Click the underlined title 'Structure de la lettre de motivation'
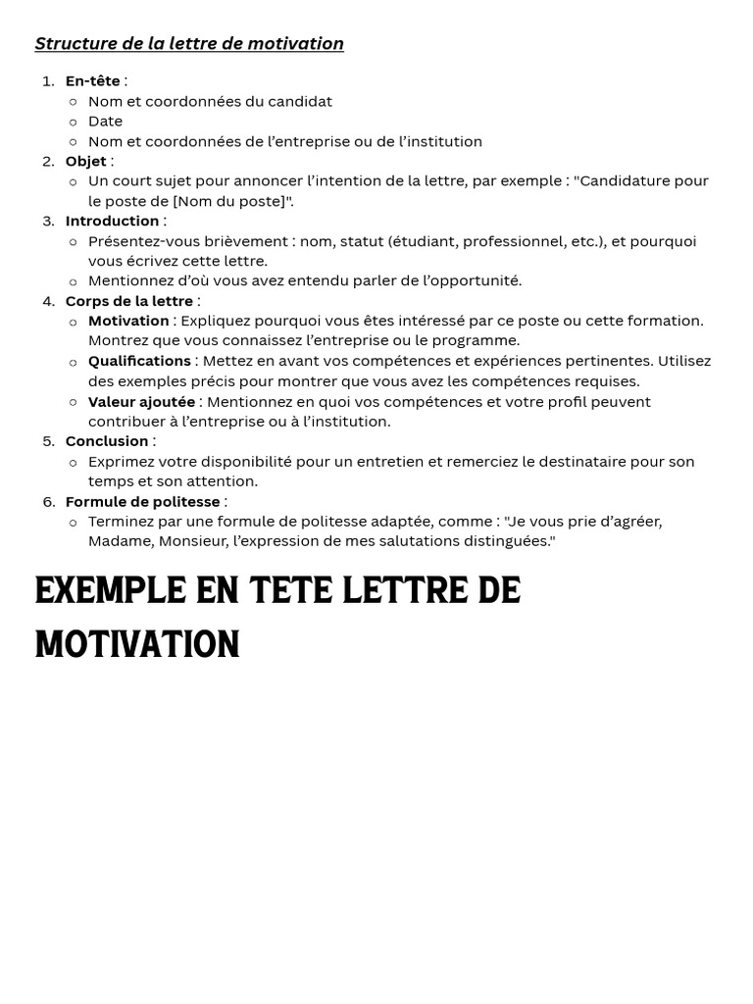189,44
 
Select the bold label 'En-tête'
93,81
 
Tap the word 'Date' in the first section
105,122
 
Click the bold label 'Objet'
86,162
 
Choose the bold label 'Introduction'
112,222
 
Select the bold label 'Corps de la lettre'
129,301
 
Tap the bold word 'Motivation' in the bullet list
128,321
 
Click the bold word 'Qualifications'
139,361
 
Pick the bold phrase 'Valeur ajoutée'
141,402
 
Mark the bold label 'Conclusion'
107,441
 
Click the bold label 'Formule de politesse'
142,502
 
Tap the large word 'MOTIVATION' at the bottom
137,645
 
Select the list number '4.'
49,301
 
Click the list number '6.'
49,502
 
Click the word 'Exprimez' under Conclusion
121,462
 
